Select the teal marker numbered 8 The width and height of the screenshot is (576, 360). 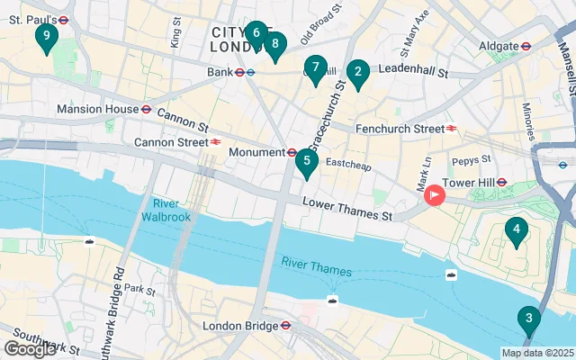coord(274,43)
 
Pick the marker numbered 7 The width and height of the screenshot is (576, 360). coord(314,67)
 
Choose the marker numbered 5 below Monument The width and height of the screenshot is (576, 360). coord(307,162)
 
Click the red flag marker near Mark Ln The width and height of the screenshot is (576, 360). coord(436,194)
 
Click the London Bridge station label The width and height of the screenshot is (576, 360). coord(238,326)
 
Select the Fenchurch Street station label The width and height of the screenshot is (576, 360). coord(400,129)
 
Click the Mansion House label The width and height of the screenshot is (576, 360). coord(96,109)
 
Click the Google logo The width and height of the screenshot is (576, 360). coord(30,349)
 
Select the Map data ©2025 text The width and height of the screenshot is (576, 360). coord(537,354)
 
